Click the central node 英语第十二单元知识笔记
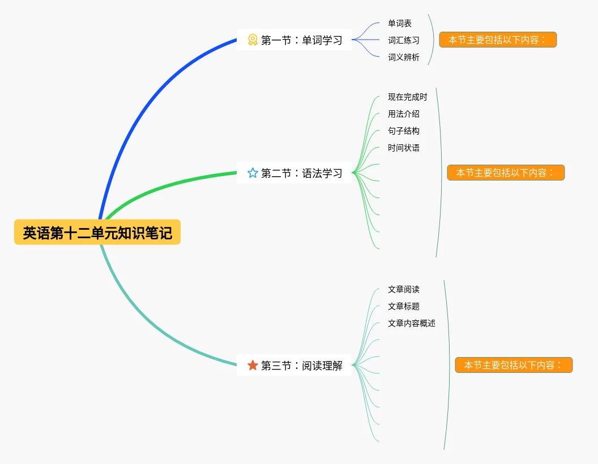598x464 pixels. click(x=97, y=232)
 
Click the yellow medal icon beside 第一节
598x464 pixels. click(x=253, y=40)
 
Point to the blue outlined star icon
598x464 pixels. click(x=253, y=173)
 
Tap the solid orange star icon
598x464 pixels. click(x=253, y=365)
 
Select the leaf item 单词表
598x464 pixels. click(x=400, y=23)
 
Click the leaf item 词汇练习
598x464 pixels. click(x=404, y=40)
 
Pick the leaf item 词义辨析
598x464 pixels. click(x=404, y=57)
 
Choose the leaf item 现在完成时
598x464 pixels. click(x=408, y=97)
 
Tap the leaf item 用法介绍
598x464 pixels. click(x=404, y=114)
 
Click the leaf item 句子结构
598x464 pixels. click(x=404, y=131)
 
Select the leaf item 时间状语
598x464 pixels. click(x=404, y=148)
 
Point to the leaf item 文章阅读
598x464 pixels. click(x=404, y=289)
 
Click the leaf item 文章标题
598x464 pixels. click(x=404, y=306)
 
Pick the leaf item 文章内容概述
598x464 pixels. click(x=412, y=323)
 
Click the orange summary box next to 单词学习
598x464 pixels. click(x=498, y=40)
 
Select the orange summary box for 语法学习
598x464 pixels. click(x=506, y=173)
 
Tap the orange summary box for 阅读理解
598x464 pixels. click(x=514, y=365)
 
